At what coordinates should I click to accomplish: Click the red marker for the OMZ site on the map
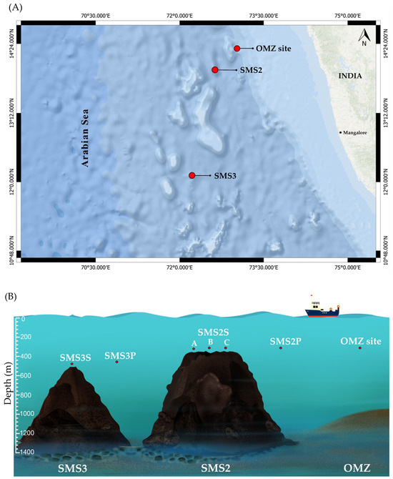point(237,48)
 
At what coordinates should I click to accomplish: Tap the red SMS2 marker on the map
point(214,69)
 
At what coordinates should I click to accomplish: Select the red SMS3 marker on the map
point(191,175)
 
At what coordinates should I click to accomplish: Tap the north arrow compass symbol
point(364,38)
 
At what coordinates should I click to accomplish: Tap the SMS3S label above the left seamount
point(71,356)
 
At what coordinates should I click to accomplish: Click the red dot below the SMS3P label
point(117,362)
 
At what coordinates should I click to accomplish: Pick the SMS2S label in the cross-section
point(212,332)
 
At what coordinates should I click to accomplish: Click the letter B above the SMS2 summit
point(209,342)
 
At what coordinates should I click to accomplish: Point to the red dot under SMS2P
point(281,348)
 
